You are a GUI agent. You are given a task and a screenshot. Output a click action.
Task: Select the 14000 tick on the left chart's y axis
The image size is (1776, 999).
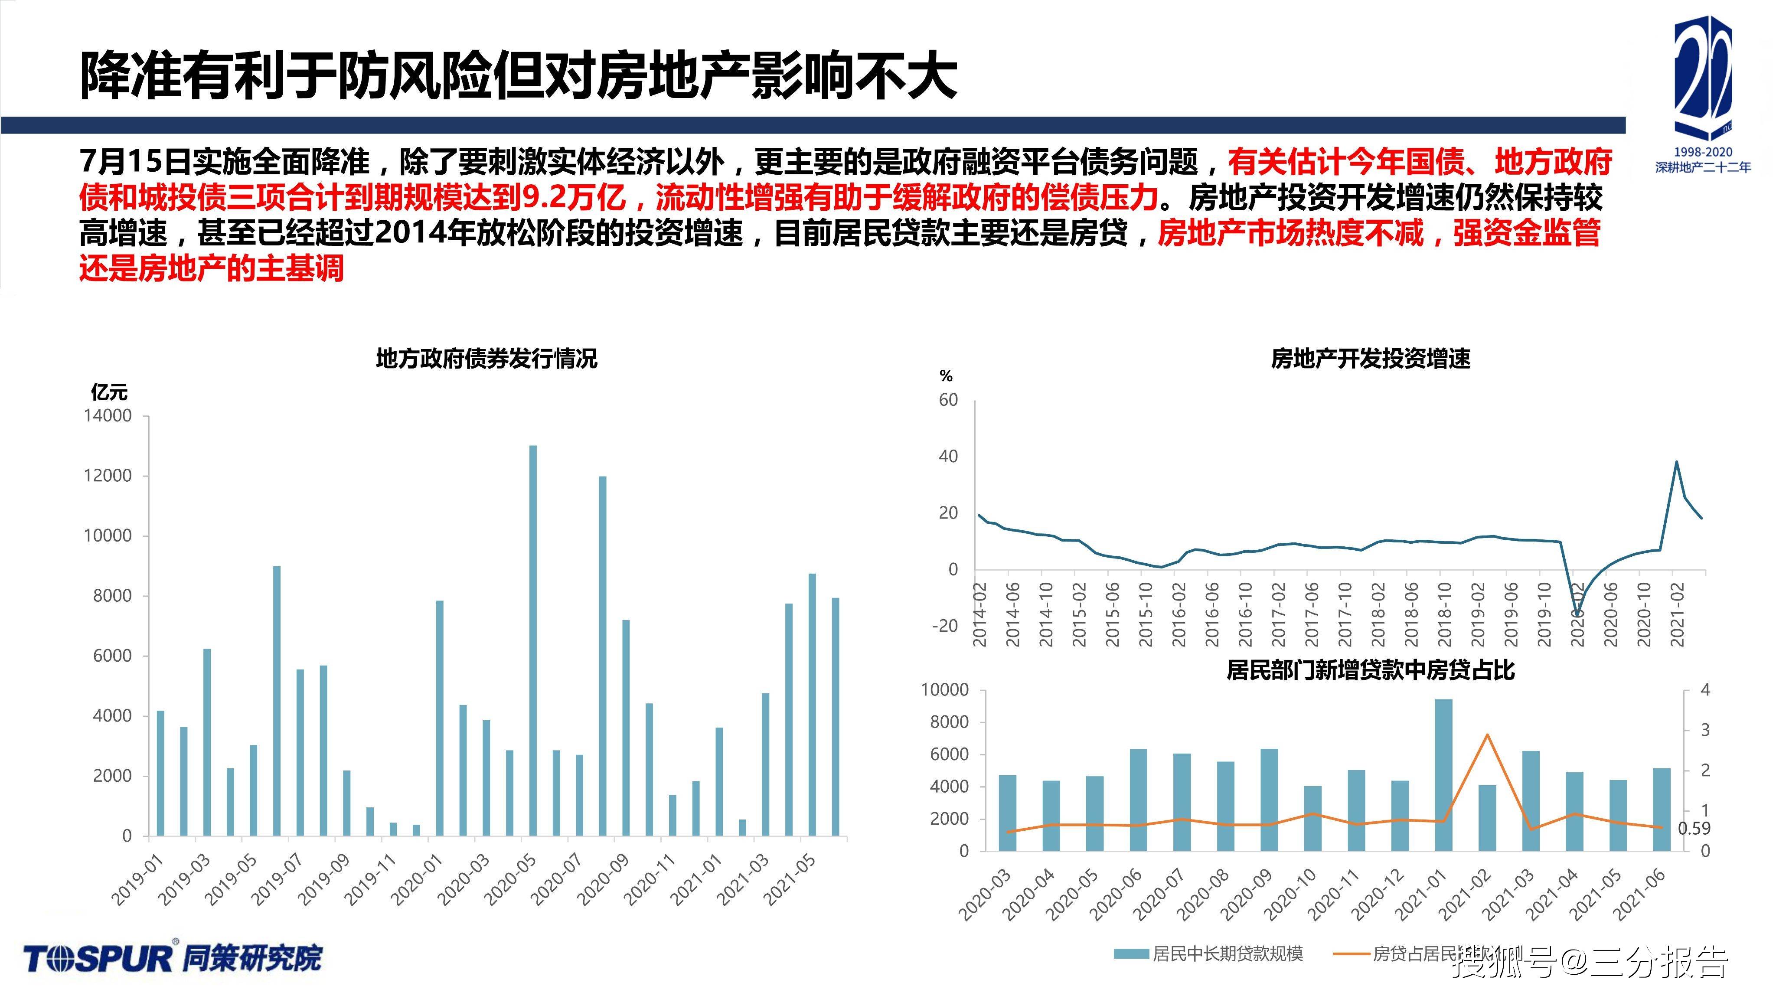click(108, 416)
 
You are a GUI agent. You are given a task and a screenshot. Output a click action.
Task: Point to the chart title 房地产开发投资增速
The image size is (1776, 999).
click(1371, 359)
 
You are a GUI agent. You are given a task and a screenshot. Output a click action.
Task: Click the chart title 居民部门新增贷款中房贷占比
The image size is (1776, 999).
click(1371, 670)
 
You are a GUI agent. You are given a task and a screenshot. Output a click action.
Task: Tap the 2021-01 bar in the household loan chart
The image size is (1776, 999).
click(1444, 774)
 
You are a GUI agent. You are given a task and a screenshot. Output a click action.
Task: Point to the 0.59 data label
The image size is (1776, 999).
click(1694, 828)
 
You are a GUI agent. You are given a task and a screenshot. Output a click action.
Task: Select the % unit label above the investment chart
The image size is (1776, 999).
click(946, 376)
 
